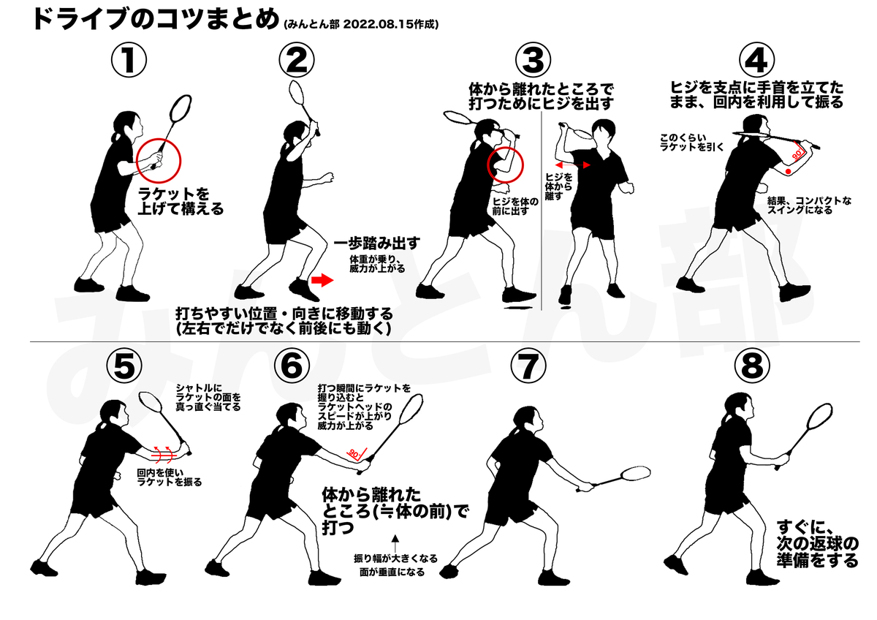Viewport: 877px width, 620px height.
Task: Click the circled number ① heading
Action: click(x=129, y=60)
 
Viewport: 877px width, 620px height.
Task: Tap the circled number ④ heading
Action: click(x=756, y=60)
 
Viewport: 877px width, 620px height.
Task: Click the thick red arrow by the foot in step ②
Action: click(x=322, y=279)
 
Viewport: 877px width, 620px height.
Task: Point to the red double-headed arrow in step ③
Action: click(x=572, y=165)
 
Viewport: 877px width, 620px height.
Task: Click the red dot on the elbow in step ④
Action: click(x=788, y=172)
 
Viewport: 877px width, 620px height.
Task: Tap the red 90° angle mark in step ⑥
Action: click(x=356, y=453)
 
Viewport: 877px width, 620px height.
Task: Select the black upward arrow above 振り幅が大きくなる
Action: click(x=395, y=542)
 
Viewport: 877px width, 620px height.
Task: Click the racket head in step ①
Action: click(x=181, y=107)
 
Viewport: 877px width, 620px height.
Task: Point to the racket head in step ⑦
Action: click(x=635, y=473)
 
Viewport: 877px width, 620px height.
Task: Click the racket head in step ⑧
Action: click(x=819, y=417)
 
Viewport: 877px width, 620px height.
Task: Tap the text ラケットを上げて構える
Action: click(x=180, y=201)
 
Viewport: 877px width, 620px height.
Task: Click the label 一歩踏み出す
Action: click(x=376, y=243)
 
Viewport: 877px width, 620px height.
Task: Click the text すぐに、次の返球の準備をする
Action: click(x=818, y=544)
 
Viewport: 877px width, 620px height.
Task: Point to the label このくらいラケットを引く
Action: click(x=692, y=143)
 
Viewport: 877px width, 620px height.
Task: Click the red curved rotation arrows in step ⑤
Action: click(x=164, y=453)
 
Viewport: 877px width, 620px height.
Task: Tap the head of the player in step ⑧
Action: click(x=738, y=409)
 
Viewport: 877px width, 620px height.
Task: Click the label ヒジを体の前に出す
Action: click(x=515, y=206)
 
